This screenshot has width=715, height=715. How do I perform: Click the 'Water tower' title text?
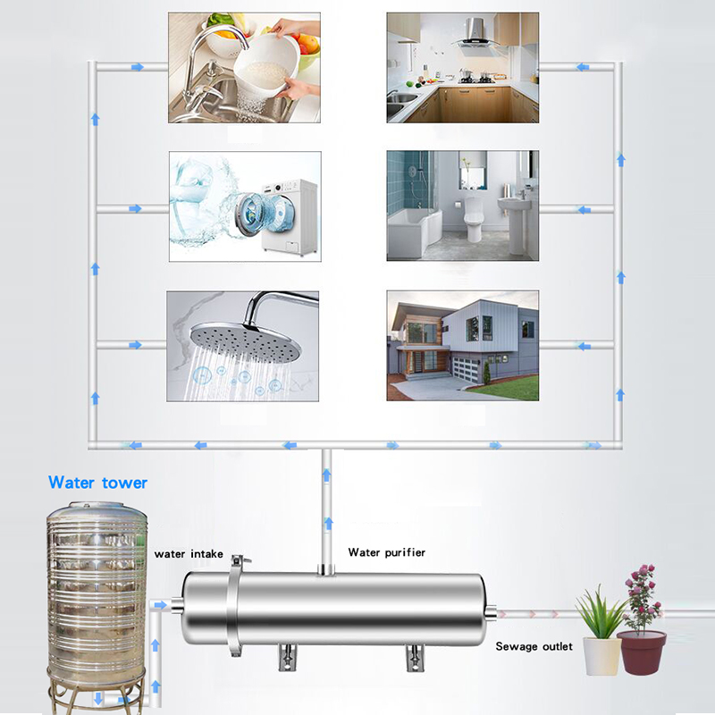pos(97,483)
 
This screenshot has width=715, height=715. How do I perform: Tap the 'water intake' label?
pos(189,554)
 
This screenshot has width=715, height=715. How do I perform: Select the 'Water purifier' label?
pos(386,552)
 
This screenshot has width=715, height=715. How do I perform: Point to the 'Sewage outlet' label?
pos(534,646)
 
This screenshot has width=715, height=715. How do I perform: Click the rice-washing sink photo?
pos(244,67)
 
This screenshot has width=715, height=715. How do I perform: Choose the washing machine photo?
pos(244,206)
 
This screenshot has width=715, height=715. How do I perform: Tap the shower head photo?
pos(244,345)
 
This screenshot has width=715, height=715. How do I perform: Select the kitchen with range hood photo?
pos(462,67)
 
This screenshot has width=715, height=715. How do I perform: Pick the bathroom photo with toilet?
pos(462,206)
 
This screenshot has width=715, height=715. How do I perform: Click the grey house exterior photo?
pos(462,345)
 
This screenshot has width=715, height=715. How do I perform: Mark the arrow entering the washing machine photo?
pos(136,208)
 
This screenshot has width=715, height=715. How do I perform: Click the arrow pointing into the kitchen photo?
pos(582,67)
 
